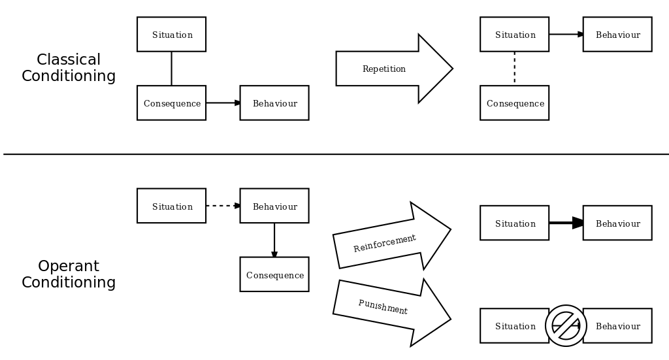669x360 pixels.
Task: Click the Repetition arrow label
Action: pyautogui.click(x=384, y=69)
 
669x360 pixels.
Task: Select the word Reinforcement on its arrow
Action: pyautogui.click(x=384, y=243)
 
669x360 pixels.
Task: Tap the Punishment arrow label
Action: pyautogui.click(x=383, y=307)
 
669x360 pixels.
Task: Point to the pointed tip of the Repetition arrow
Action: pyautogui.click(x=450, y=69)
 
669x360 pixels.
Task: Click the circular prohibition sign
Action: pyautogui.click(x=566, y=325)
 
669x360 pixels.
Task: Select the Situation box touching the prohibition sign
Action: pyautogui.click(x=514, y=326)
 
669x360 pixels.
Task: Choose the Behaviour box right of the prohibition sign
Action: pyautogui.click(x=617, y=326)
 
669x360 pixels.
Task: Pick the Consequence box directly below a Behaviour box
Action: pyautogui.click(x=274, y=275)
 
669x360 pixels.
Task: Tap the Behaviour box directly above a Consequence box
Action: pyautogui.click(x=274, y=206)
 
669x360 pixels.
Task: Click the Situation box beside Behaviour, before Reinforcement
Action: pyautogui.click(x=171, y=206)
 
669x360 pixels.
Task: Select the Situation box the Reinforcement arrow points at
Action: pyautogui.click(x=514, y=223)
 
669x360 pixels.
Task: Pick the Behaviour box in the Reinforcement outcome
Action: pyautogui.click(x=617, y=223)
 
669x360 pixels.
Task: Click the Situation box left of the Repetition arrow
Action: pyautogui.click(x=171, y=35)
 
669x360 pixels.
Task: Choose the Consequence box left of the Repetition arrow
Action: pyautogui.click(x=171, y=103)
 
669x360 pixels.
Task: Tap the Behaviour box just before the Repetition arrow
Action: pyautogui.click(x=274, y=103)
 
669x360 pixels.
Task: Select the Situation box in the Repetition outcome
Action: pyautogui.click(x=514, y=35)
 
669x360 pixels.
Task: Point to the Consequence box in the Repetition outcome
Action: pyautogui.click(x=514, y=103)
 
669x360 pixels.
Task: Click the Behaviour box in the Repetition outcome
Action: pyautogui.click(x=617, y=35)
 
